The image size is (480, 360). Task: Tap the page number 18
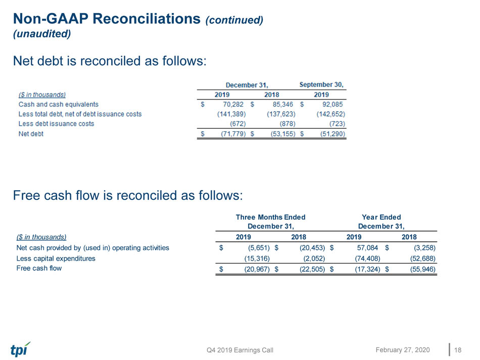coord(458,350)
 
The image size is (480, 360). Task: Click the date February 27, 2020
coord(403,350)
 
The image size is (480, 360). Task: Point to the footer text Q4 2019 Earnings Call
coord(240,350)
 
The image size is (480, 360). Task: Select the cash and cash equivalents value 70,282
coord(233,105)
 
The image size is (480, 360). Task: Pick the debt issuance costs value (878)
coord(287,124)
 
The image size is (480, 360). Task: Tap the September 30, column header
coord(321,84)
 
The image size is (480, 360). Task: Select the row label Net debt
coord(31,134)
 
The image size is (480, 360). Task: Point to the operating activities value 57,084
coord(367,247)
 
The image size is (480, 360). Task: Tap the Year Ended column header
coord(381,217)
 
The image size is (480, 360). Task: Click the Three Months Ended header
coord(271,217)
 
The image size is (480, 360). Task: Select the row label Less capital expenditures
coord(56,259)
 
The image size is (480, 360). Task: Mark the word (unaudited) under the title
coord(42,34)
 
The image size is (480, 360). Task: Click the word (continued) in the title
coord(234,20)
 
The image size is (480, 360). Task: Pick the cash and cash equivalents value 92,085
coord(332,105)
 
